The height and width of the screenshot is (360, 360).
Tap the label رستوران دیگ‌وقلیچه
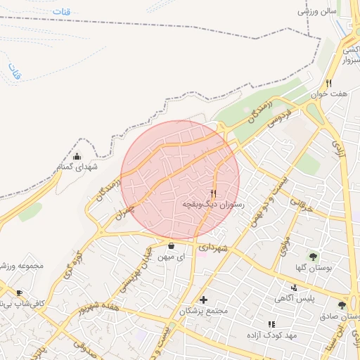213,204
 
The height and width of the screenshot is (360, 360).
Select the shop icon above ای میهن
172,246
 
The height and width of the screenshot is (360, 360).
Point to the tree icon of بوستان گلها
312,256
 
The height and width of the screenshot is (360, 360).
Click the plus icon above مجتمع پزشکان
204,300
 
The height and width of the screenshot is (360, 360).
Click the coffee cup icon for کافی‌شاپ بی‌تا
19,292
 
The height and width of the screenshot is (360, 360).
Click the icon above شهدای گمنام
77,155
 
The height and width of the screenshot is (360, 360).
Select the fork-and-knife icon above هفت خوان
328,83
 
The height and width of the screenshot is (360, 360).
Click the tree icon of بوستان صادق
342,305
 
